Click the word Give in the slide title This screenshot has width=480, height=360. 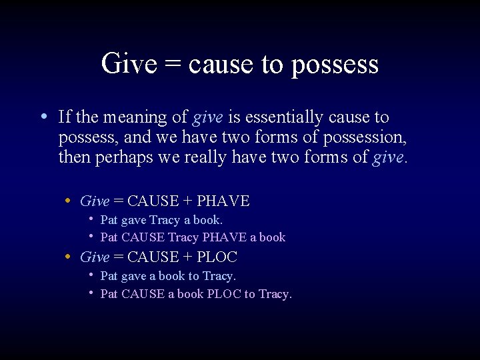(129, 63)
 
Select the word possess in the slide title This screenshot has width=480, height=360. (335, 65)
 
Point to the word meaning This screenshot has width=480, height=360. (134, 118)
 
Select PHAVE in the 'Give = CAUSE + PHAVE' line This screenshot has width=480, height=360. (223, 201)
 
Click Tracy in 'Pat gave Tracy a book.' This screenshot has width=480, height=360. (165, 219)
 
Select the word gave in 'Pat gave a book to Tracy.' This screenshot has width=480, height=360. (133, 276)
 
